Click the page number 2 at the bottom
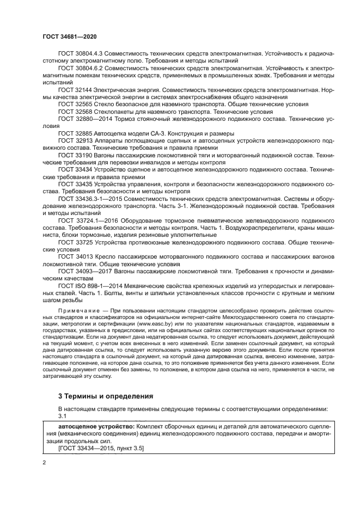click(44, 462)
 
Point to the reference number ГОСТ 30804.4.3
click(80, 54)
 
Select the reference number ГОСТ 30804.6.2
click(80, 69)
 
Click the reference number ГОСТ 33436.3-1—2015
click(89, 199)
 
